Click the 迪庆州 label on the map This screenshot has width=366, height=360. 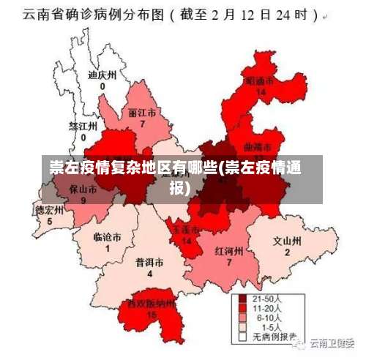(x=102, y=75)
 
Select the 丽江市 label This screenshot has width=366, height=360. (x=142, y=113)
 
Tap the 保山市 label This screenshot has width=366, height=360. (x=83, y=189)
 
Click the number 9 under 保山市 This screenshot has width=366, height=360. (x=83, y=200)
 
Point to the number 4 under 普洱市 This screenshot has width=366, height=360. (x=149, y=274)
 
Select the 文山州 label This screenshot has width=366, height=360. (x=287, y=240)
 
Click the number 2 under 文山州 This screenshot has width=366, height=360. (x=287, y=252)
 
